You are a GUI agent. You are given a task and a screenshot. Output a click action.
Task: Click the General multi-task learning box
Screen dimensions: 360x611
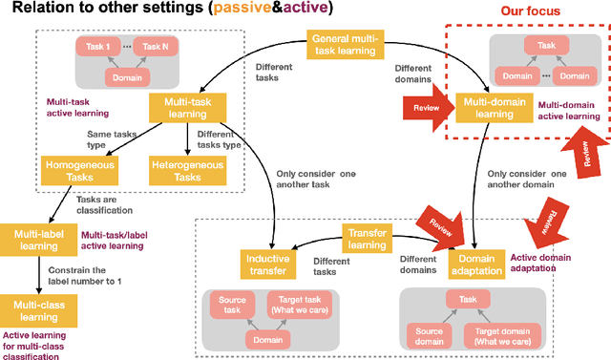tap(345, 44)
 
